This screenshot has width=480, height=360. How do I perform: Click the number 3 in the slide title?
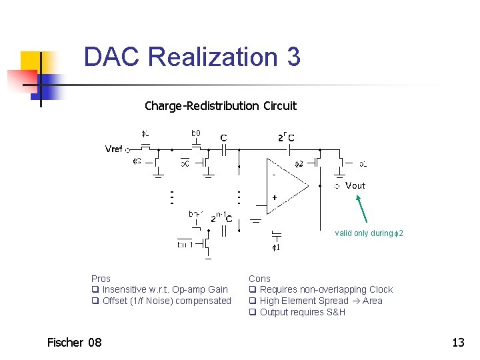pos(293,57)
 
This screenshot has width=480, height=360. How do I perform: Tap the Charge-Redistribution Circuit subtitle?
pos(220,106)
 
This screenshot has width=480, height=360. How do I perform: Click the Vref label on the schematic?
pos(114,149)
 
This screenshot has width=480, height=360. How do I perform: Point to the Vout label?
pos(355,185)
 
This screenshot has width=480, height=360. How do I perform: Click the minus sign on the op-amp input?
pos(273,174)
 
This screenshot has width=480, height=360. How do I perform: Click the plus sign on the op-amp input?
pos(274,198)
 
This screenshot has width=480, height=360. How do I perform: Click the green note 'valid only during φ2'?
pos(369,233)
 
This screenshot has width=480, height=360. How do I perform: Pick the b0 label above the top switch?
pos(196,133)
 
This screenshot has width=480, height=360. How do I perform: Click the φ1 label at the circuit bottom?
pos(276,247)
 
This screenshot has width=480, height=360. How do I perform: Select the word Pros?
pos(101,279)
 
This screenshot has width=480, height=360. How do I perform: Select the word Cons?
pos(259,279)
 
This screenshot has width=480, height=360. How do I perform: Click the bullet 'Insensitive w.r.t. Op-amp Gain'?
pos(165,290)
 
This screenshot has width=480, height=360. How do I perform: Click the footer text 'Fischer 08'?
pos(75,343)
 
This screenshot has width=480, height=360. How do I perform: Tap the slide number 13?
pos(458,343)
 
